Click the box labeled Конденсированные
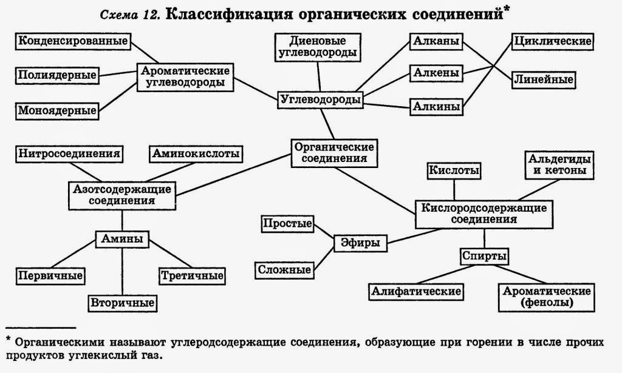pos(73,41)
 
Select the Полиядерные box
pos(56,75)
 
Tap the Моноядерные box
pos(56,110)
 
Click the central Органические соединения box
pos(333,152)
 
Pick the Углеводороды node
pos(320,99)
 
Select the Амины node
pos(123,239)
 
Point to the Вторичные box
pos(123,302)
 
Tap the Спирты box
pos(484,256)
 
